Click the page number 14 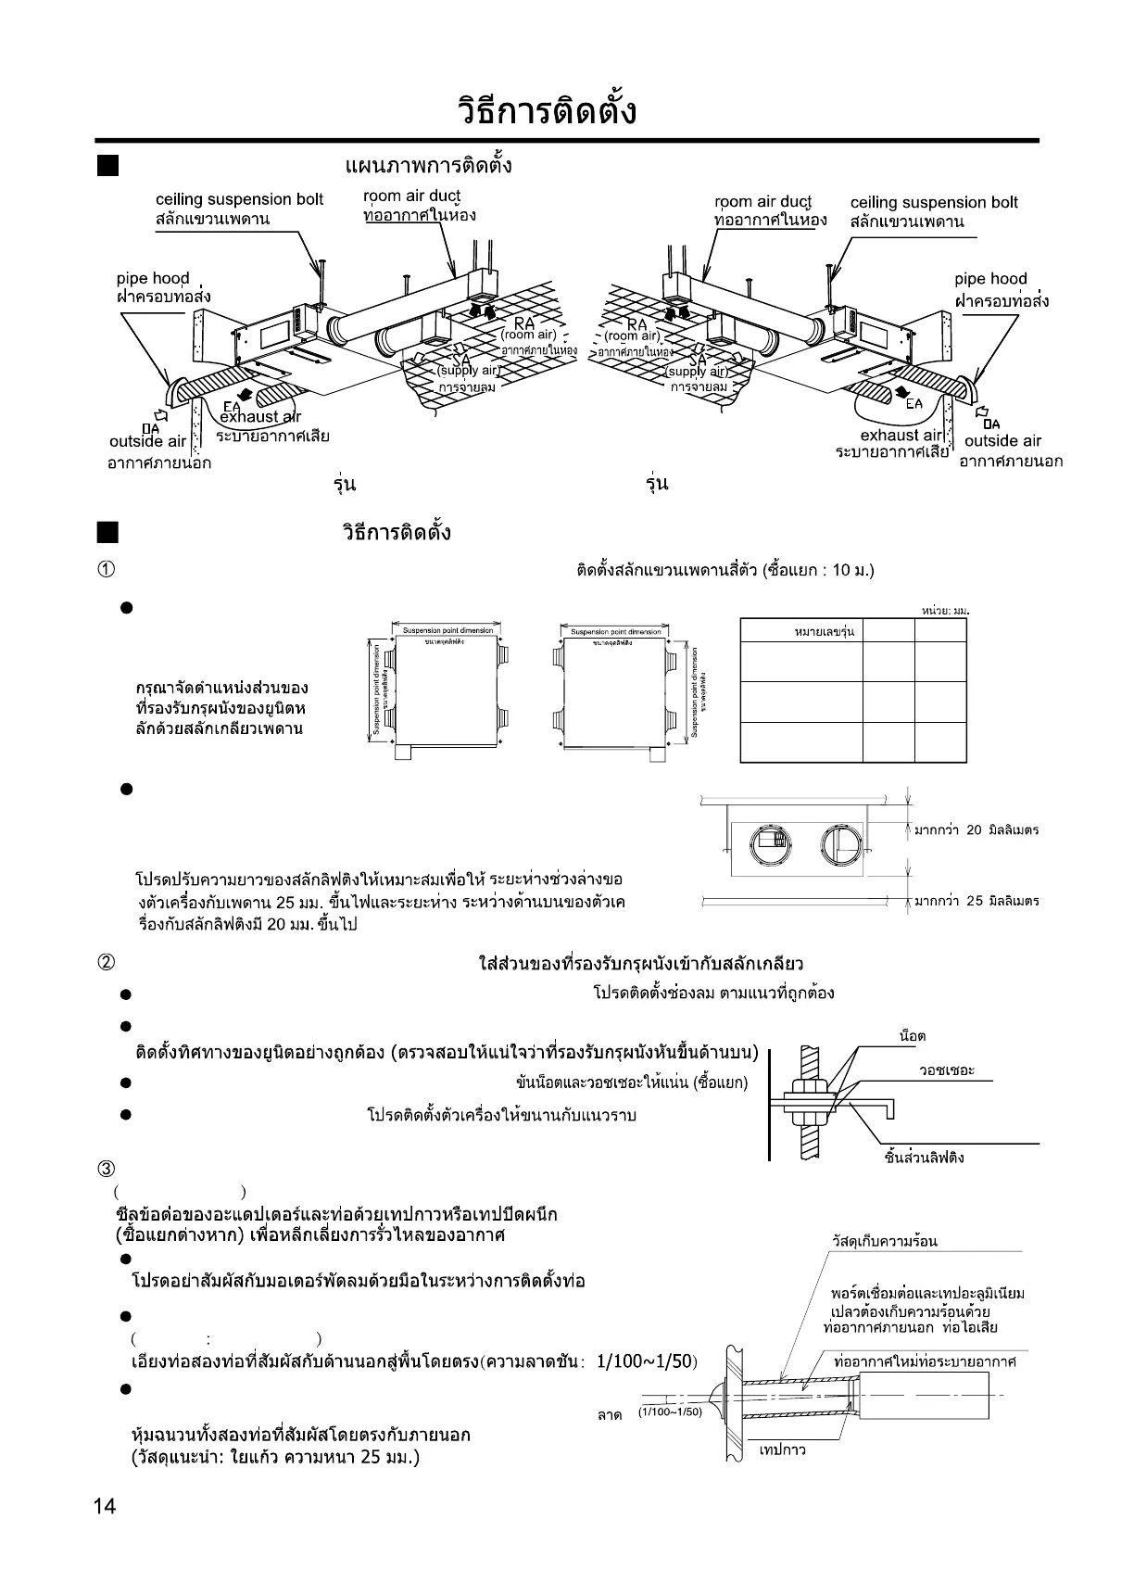tap(105, 1506)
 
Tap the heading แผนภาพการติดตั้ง tap(428, 166)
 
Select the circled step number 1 tap(107, 569)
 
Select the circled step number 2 tap(107, 963)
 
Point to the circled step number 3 tap(107, 1168)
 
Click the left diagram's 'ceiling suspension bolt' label tap(239, 199)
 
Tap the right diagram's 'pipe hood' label tap(990, 279)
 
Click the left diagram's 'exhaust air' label tap(259, 417)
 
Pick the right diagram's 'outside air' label tap(1002, 441)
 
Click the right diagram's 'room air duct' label tap(762, 202)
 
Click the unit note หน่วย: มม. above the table tap(944, 610)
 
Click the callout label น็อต tap(913, 1036)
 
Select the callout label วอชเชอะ tap(946, 1070)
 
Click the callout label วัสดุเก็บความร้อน tap(884, 1242)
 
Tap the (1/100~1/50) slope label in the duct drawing tap(670, 1411)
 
